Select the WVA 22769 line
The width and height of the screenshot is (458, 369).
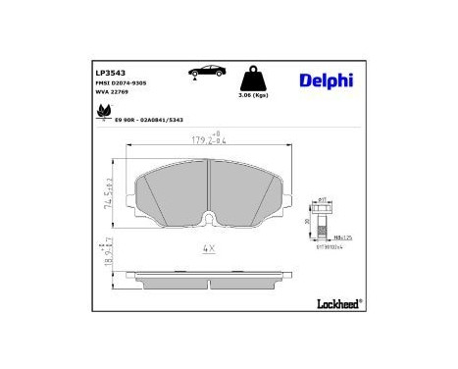(x=112, y=95)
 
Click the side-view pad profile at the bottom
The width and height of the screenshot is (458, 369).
(x=207, y=274)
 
